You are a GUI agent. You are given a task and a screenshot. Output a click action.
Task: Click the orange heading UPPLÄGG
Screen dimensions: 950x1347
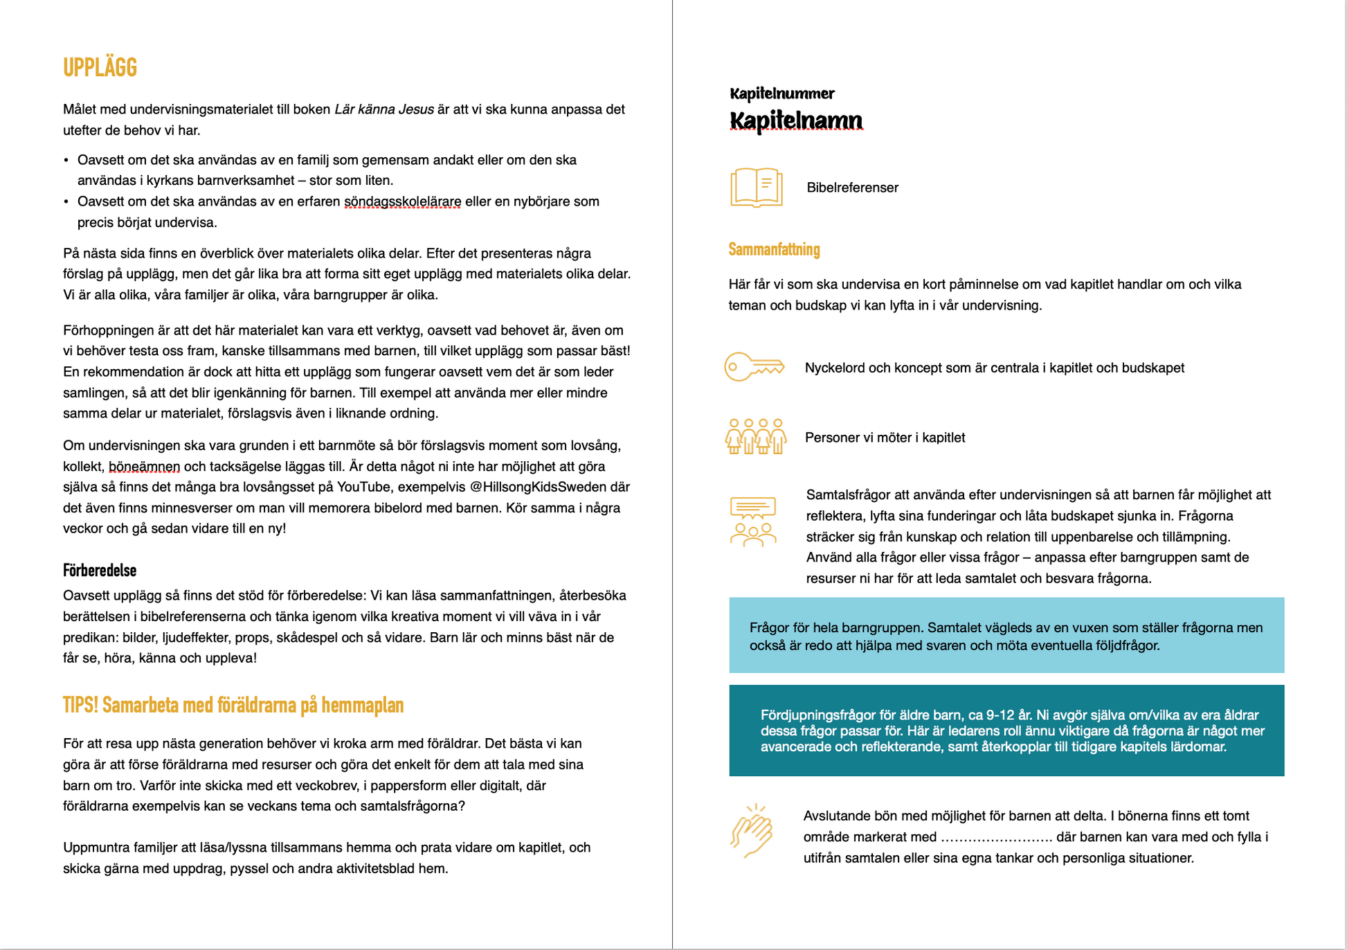coord(100,68)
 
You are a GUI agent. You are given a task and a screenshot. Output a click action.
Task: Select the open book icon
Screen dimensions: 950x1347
coord(756,187)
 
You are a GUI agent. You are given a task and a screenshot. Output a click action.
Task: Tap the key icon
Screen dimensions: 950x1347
coord(754,366)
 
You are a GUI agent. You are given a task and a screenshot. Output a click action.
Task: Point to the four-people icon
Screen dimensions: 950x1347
coord(756,436)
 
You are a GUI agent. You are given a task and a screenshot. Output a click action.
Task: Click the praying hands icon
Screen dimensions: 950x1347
coord(752,831)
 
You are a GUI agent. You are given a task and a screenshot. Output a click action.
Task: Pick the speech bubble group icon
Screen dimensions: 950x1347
coord(753,521)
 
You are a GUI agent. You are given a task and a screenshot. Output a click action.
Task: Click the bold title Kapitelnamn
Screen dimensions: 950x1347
coord(796,120)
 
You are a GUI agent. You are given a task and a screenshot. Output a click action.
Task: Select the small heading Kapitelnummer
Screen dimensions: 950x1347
coord(782,93)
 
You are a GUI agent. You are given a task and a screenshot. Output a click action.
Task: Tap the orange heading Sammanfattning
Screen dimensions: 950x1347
coord(774,249)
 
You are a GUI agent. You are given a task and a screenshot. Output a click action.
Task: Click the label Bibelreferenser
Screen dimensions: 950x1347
coord(852,188)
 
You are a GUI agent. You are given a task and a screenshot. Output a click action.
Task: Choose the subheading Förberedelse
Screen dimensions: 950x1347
coord(100,571)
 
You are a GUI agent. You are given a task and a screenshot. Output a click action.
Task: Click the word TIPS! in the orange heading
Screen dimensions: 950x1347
coord(81,705)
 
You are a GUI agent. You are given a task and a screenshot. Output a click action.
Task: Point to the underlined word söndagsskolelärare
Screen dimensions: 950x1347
coord(402,201)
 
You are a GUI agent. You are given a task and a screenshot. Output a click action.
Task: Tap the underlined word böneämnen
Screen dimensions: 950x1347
coord(144,466)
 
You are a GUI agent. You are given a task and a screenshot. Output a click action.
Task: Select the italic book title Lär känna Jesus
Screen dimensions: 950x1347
coord(384,109)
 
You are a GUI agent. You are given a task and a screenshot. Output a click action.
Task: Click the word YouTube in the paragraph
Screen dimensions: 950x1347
coord(364,487)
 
